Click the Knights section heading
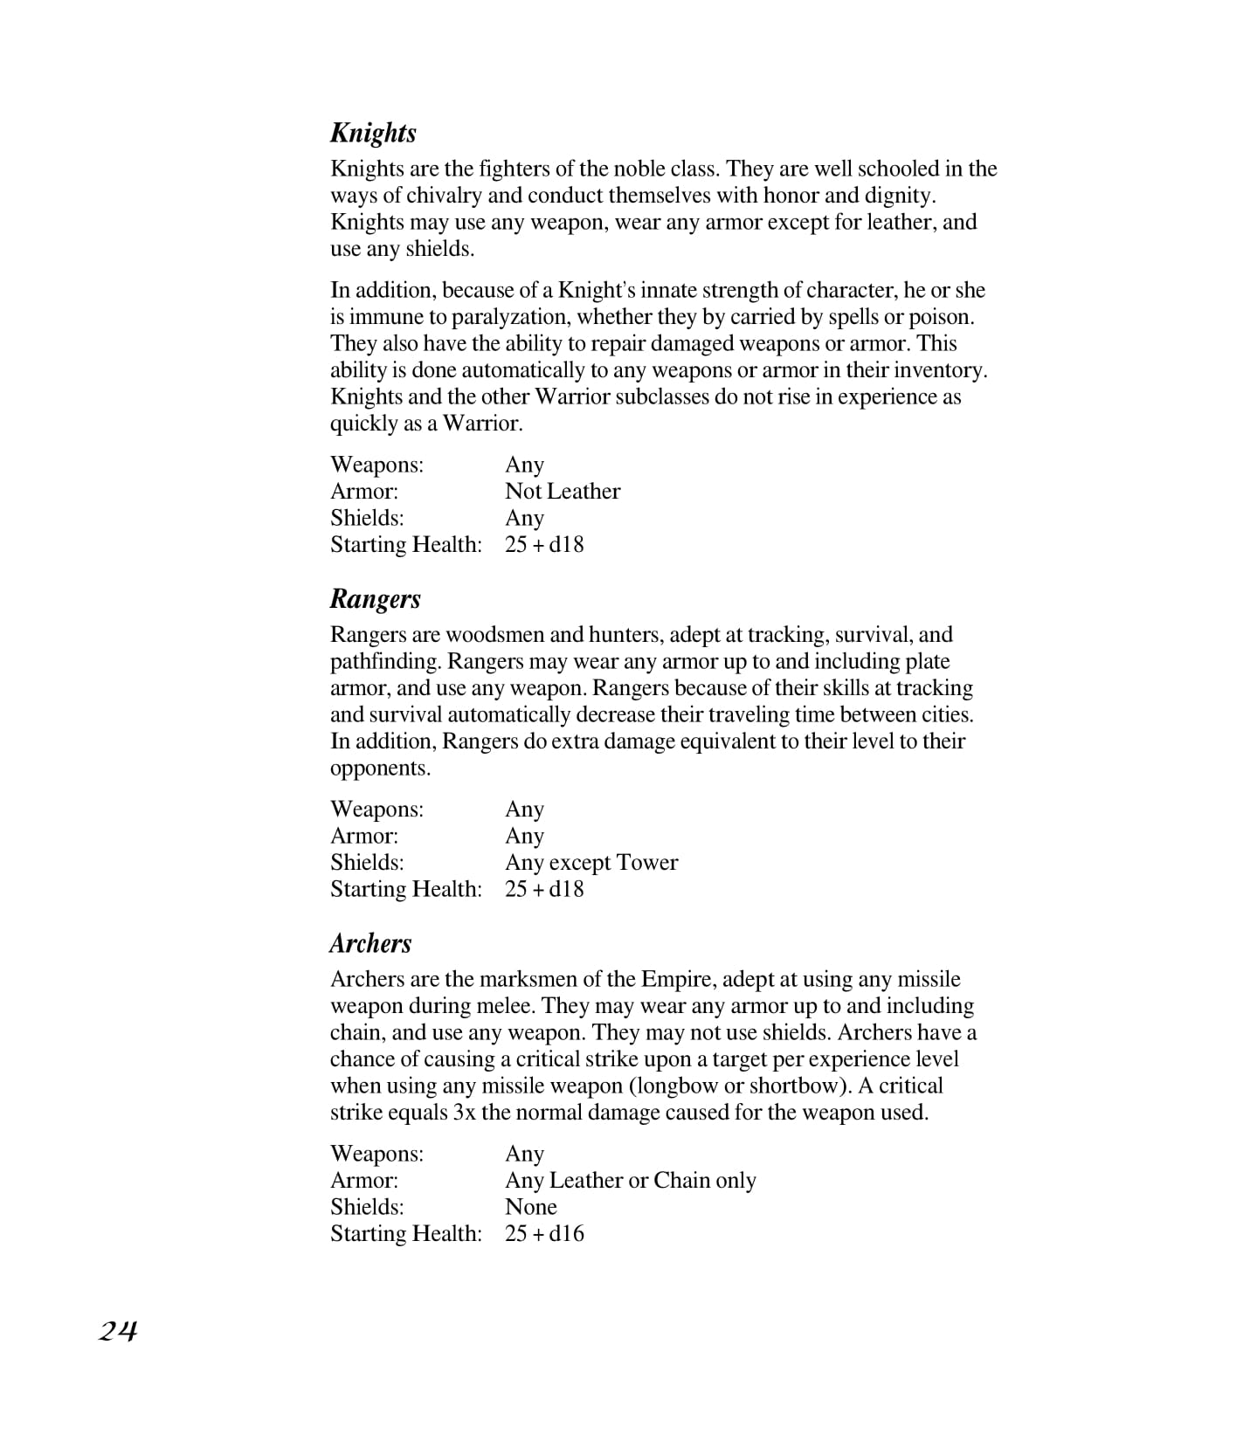[x=373, y=133]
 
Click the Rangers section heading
[x=375, y=599]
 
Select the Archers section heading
[x=370, y=943]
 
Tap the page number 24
[x=117, y=1331]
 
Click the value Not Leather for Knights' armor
[x=562, y=492]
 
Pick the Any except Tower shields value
[x=590, y=863]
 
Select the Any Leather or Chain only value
[x=630, y=1181]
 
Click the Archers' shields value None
[x=530, y=1207]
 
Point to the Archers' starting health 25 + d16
[x=543, y=1234]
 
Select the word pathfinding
[x=384, y=662]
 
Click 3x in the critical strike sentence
[x=464, y=1113]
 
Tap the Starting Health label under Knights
[x=405, y=545]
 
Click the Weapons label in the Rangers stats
[x=376, y=810]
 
